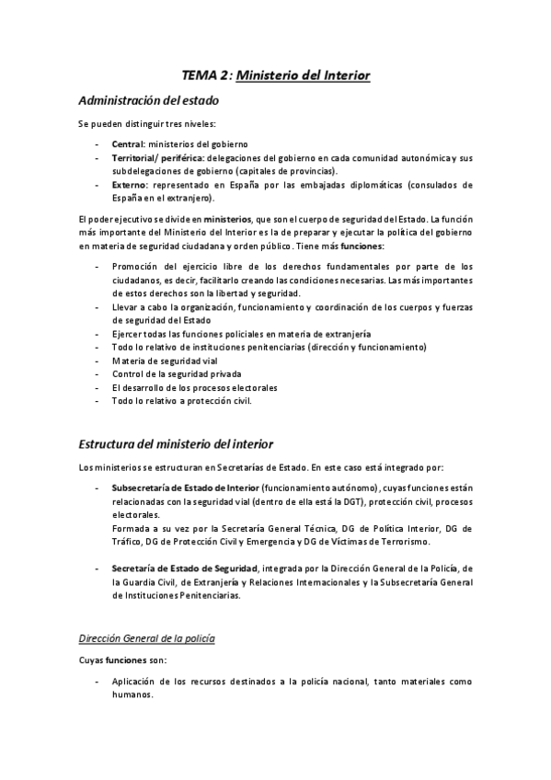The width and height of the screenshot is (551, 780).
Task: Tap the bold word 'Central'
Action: click(x=128, y=144)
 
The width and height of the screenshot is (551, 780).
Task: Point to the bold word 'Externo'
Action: click(x=130, y=184)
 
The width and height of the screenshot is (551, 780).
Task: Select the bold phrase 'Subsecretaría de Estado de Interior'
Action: click(x=185, y=488)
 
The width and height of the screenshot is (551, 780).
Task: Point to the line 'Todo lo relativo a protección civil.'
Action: click(x=181, y=401)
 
